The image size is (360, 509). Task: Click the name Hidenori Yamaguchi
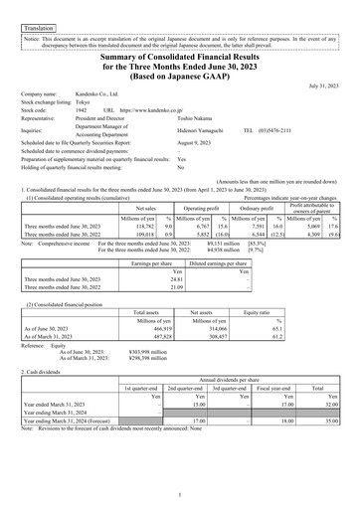(x=206, y=129)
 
